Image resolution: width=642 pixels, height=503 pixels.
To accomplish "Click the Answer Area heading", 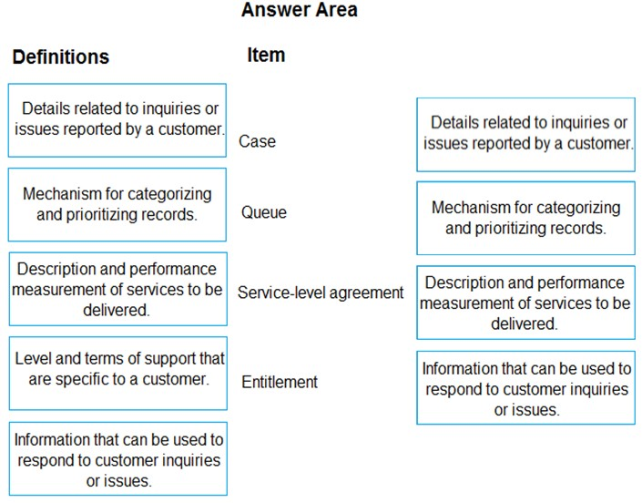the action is click(x=300, y=10).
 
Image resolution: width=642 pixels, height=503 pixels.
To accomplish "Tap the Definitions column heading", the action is click(x=61, y=56).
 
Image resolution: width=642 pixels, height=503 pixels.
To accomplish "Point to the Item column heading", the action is click(x=266, y=55).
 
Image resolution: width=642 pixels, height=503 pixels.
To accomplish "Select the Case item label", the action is click(x=257, y=141).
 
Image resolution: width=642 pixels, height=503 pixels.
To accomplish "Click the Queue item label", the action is click(x=264, y=212).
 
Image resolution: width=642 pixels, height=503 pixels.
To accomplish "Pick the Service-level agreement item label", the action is click(x=321, y=293).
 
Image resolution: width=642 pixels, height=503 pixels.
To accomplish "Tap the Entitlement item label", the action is click(x=280, y=382).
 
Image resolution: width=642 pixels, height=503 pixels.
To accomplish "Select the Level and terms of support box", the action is click(x=117, y=374).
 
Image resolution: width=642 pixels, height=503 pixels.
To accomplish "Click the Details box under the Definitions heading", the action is click(x=117, y=120).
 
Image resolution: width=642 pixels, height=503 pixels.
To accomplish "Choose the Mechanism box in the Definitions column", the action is click(x=117, y=204).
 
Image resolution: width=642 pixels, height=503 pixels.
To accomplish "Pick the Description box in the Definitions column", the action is click(x=117, y=289).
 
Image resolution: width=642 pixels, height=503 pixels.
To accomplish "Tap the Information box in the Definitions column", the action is click(x=117, y=458).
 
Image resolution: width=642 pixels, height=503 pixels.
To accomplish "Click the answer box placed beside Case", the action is click(x=525, y=134).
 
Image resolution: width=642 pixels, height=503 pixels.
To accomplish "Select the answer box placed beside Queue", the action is click(x=525, y=218).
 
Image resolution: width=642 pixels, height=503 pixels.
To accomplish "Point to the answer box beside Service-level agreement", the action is click(x=525, y=303).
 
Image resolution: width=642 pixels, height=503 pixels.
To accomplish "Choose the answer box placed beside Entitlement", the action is click(x=525, y=387).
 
